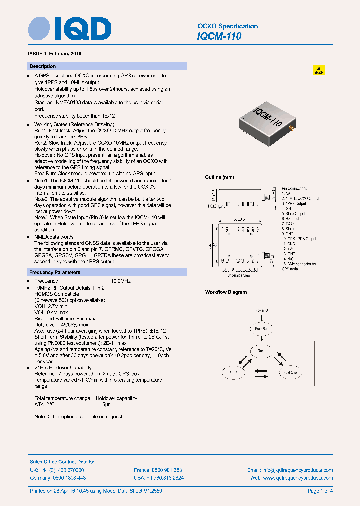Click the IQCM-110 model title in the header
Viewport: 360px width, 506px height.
[x=219, y=36]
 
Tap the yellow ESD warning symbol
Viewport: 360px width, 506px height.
[x=319, y=70]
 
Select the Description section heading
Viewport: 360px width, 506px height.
[x=43, y=66]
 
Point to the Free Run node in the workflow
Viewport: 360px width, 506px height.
[x=262, y=329]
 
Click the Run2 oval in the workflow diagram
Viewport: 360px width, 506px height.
[x=234, y=372]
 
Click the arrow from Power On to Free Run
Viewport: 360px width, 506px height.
[x=262, y=318]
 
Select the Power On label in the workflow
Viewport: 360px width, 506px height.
[x=262, y=310]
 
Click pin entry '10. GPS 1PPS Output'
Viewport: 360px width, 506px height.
[x=299, y=239]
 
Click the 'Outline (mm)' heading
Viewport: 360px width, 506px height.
[x=219, y=177]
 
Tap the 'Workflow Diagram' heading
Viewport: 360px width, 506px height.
[x=226, y=292]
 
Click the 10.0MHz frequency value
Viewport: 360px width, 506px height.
[x=120, y=281]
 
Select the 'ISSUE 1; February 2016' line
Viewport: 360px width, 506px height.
[x=55, y=53]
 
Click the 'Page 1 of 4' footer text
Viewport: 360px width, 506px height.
[x=320, y=491]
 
